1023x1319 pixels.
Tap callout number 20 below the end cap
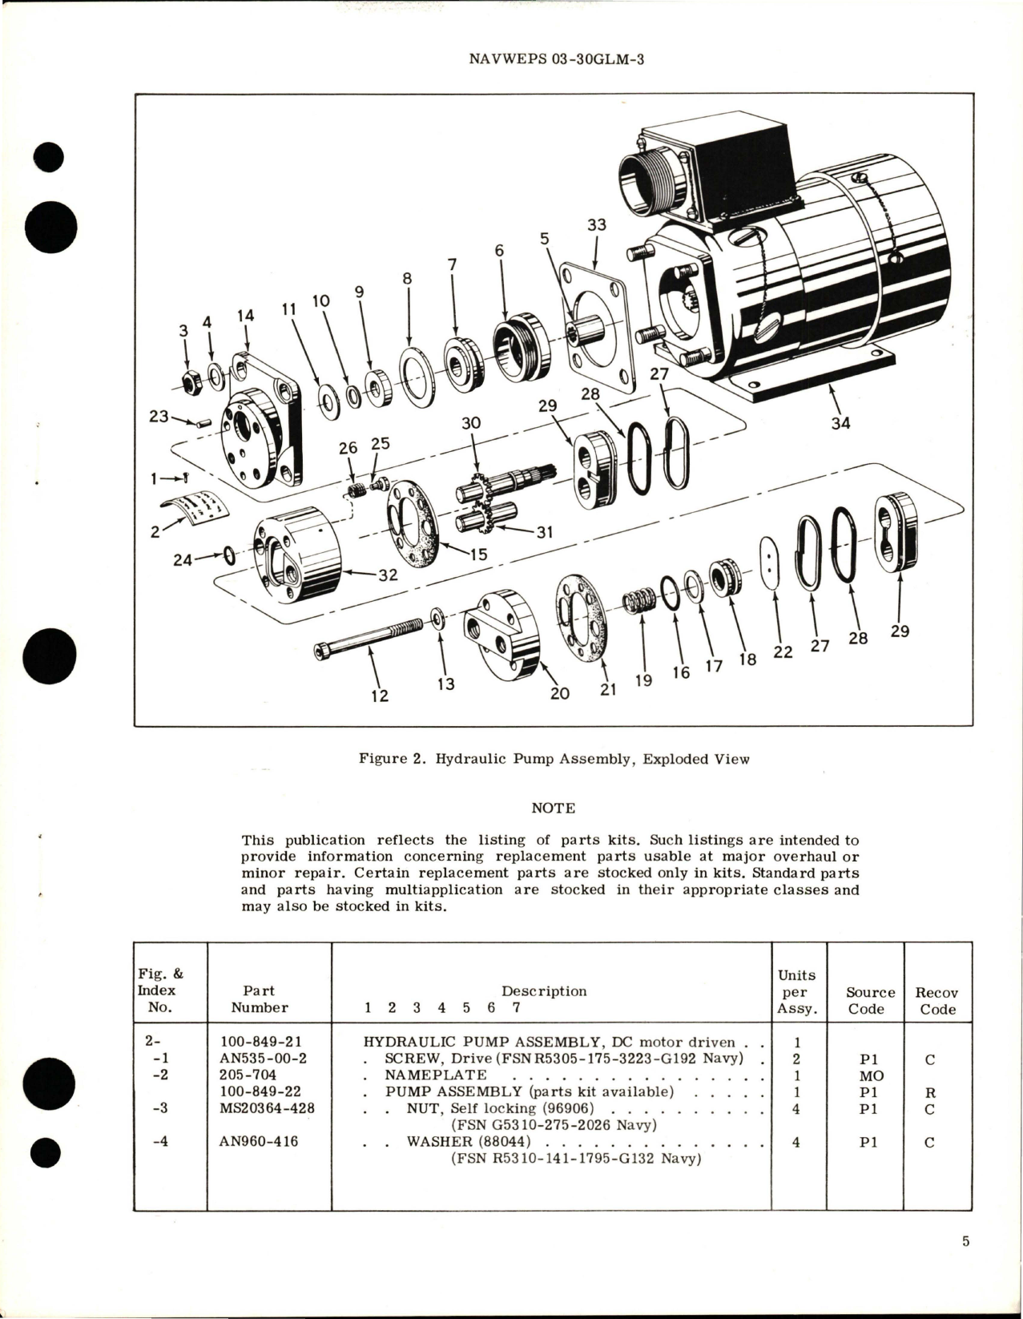[559, 693]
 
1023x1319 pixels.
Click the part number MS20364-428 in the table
[267, 1108]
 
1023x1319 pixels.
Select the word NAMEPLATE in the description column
[436, 1075]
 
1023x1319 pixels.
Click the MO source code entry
[865, 1075]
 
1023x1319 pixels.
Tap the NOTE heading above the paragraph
[553, 808]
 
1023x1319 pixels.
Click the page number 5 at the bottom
[965, 1264]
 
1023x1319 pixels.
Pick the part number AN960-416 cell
[259, 1141]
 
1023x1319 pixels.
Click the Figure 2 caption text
[553, 758]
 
